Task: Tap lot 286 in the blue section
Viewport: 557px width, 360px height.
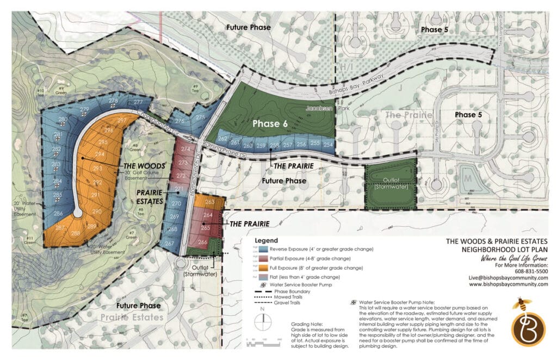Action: click(x=58, y=213)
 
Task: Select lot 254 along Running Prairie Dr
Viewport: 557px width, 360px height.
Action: click(x=328, y=145)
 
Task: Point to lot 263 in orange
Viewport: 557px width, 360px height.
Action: click(x=210, y=202)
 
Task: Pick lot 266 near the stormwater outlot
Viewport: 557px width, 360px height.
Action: click(x=203, y=242)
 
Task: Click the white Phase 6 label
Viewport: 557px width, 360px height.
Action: click(x=270, y=123)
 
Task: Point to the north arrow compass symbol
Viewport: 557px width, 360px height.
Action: click(x=263, y=320)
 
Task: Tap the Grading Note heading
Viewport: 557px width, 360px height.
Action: click(x=307, y=324)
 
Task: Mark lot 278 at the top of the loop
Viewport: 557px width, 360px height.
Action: click(x=113, y=101)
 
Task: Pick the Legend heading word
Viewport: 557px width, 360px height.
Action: click(x=266, y=240)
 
